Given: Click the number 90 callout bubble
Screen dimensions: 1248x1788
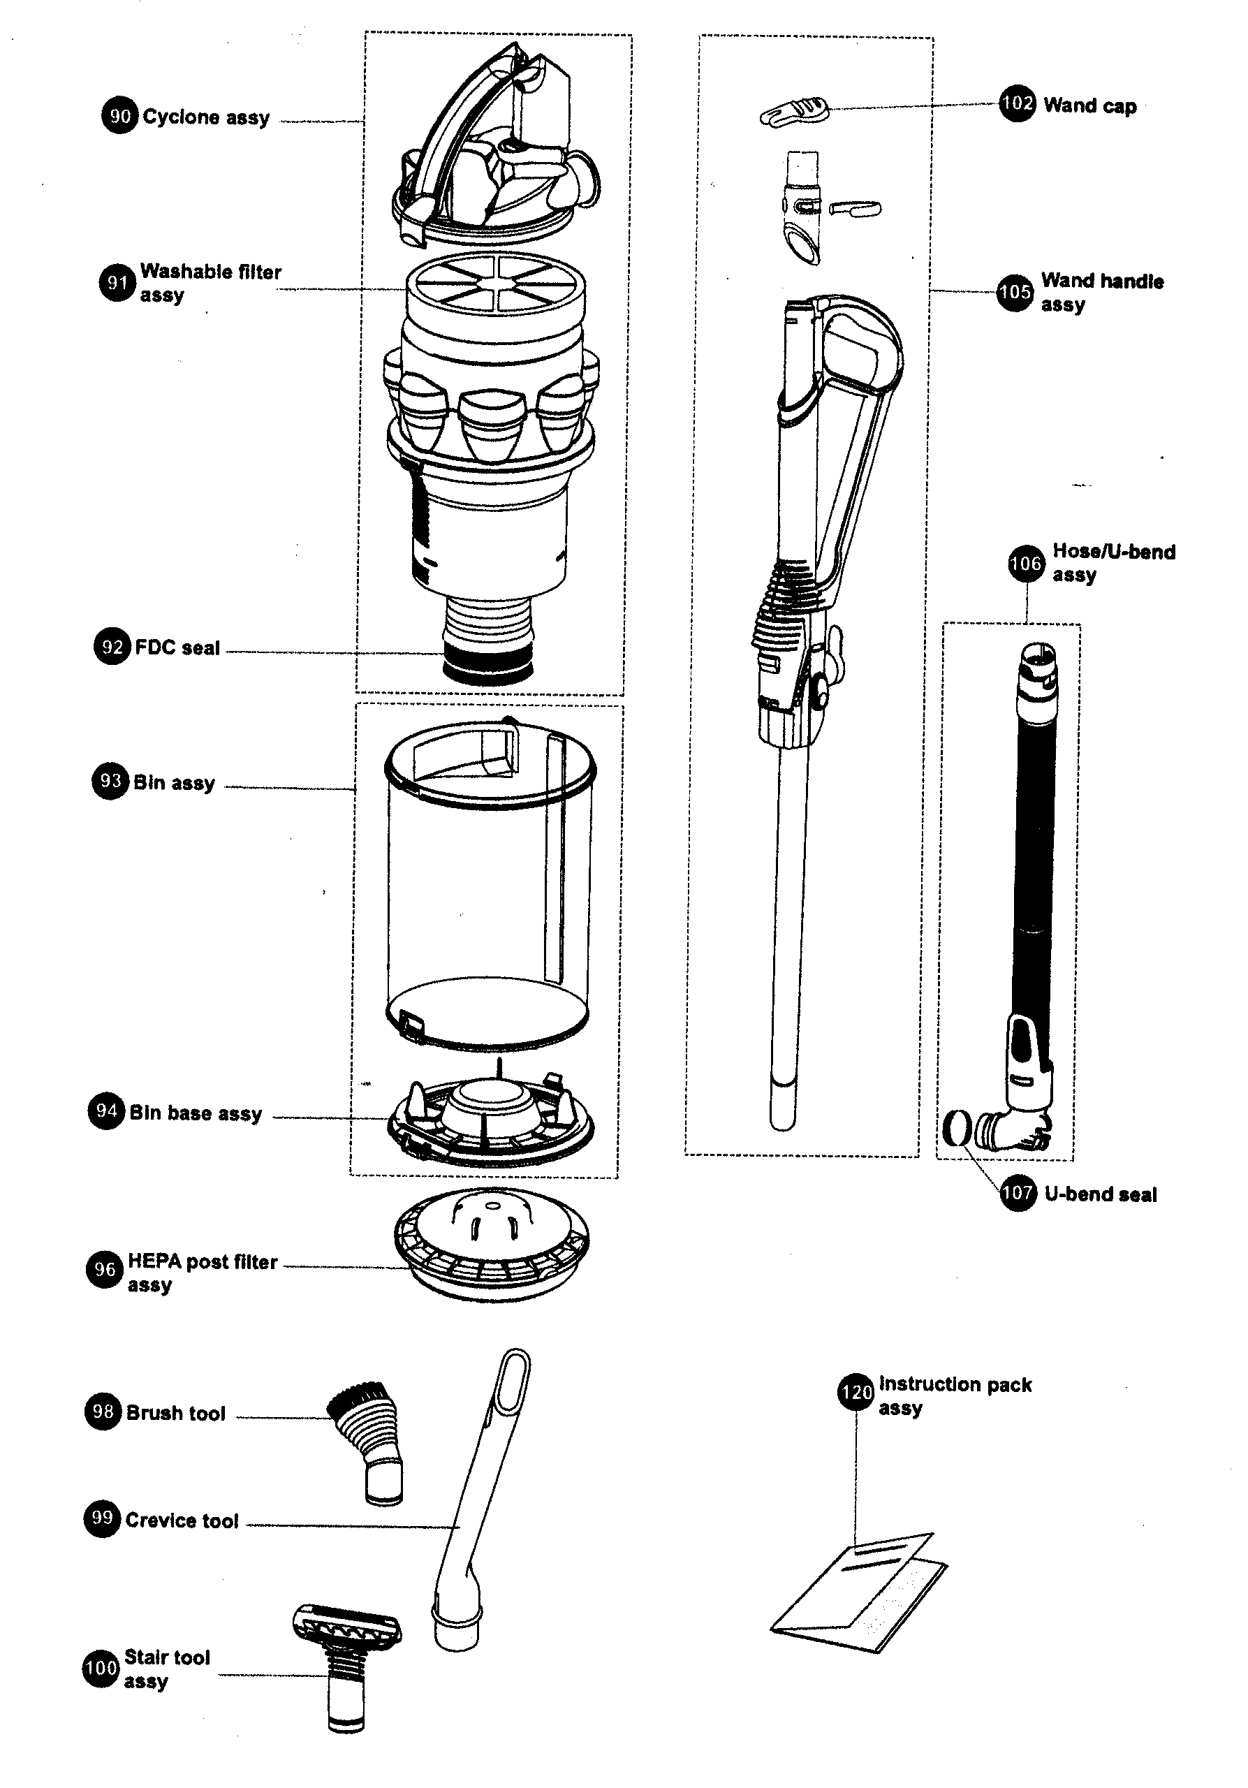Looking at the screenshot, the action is click(x=120, y=116).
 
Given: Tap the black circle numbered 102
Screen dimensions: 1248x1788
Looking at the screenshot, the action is click(x=1018, y=103).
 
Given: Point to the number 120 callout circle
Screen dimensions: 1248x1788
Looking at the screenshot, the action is click(x=856, y=1391).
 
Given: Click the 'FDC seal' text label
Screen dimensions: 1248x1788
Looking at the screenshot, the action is click(x=177, y=648).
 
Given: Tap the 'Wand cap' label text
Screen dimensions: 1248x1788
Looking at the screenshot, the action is click(x=1090, y=106).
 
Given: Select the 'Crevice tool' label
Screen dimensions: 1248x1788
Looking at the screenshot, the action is click(x=182, y=1521).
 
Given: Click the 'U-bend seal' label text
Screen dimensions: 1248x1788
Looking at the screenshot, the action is click(x=1100, y=1194).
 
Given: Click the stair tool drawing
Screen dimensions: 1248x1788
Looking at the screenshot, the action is click(x=347, y=1665).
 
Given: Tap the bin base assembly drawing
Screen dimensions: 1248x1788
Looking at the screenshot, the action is click(x=490, y=1118).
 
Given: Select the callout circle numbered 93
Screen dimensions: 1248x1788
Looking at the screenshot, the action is click(x=110, y=781).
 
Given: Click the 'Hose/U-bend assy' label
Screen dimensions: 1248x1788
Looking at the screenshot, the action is click(x=1113, y=563).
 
